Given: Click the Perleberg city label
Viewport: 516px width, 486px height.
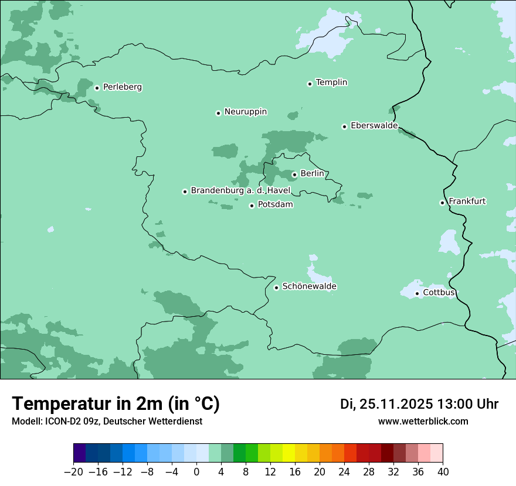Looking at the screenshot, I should pos(122,87).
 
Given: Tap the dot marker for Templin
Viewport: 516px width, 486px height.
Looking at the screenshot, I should pos(310,84).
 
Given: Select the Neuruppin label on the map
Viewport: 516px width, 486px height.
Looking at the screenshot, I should pos(245,112).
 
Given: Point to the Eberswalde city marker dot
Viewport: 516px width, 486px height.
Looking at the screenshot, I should pos(344,126).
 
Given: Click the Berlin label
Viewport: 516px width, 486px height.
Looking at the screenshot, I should pos(312,174).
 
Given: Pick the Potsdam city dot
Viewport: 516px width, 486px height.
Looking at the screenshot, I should pos(252,206).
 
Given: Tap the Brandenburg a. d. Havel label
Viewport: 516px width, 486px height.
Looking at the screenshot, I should pos(240,191).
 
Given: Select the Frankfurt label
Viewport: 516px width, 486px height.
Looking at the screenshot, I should pos(467,201).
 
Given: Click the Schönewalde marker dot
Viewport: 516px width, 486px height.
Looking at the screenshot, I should pos(276,288).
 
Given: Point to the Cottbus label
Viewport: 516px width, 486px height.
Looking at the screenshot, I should pos(439,293).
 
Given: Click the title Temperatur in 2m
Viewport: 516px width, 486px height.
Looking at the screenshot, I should pos(116,404).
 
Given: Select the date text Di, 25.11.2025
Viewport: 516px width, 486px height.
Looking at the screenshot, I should pos(386,404).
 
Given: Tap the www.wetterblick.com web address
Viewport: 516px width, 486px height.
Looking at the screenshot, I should pos(423,422).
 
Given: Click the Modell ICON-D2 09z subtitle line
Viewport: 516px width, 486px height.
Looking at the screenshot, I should pos(107,422).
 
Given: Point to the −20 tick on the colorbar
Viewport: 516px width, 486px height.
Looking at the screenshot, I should pos(74,472).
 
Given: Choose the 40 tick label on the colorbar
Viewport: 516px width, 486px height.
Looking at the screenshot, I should pos(443,472).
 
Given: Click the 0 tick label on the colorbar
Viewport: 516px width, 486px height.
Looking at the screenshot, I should pos(196,472).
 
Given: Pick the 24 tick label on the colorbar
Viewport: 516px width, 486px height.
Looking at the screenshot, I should pos(344,472).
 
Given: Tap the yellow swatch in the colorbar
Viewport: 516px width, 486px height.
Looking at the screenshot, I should pos(289,453).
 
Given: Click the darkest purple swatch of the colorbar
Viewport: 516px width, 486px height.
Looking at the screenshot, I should pos(80,453).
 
